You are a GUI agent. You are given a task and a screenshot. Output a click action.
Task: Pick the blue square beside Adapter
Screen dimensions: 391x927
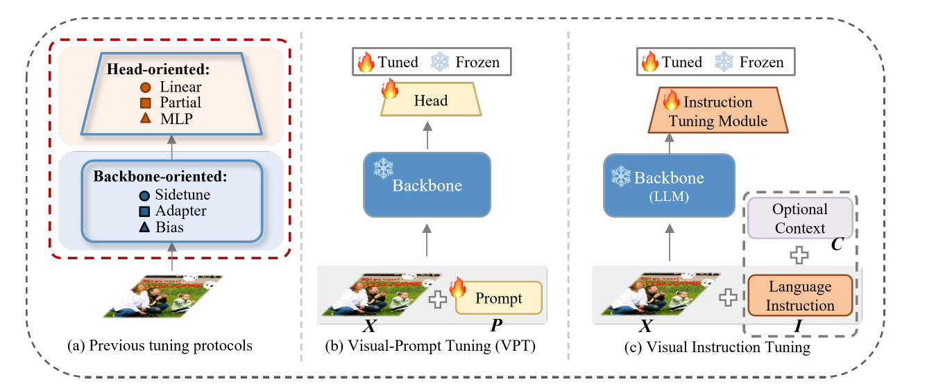coord(144,211)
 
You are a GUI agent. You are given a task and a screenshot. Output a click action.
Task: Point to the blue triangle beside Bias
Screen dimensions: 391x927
coord(144,226)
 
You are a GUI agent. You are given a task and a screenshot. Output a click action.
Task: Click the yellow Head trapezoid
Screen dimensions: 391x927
coord(431,101)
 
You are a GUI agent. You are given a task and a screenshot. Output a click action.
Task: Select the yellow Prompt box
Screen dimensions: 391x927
coord(498,298)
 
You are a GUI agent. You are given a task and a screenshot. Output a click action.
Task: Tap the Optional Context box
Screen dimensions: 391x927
coord(800,218)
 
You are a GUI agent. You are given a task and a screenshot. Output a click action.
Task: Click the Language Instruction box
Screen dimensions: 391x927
coord(800,296)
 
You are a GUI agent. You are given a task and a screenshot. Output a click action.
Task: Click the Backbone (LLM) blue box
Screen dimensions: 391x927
coord(669,184)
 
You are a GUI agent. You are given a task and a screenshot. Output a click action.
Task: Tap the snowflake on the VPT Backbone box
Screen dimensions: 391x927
coord(383,168)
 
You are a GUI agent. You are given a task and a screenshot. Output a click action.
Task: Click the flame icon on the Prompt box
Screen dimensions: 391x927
coord(458,286)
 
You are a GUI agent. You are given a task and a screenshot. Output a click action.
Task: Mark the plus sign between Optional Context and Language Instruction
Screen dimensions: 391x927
coord(800,255)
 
